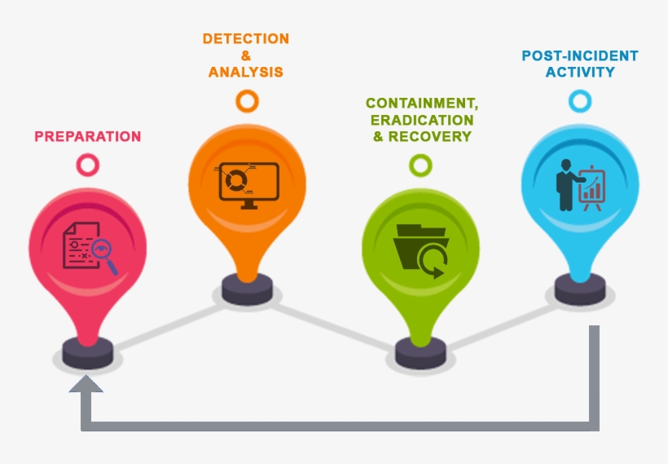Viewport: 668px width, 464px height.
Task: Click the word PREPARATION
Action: pos(87,137)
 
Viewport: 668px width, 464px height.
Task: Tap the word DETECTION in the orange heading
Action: pos(245,39)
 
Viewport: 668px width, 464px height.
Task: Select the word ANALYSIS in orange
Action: pos(245,72)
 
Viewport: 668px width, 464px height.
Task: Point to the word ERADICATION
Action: pos(421,120)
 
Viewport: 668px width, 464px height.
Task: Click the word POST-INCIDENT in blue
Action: pos(580,55)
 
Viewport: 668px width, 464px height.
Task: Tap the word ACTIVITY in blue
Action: pos(580,72)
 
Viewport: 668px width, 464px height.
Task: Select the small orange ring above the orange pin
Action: pos(247,101)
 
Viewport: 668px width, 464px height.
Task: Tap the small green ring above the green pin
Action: pos(420,166)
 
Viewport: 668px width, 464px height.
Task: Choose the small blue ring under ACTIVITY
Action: pos(580,101)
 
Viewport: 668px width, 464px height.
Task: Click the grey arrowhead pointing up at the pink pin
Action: pos(86,382)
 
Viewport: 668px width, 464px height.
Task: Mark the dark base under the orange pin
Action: pos(248,287)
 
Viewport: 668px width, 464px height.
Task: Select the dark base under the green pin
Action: pos(420,352)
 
